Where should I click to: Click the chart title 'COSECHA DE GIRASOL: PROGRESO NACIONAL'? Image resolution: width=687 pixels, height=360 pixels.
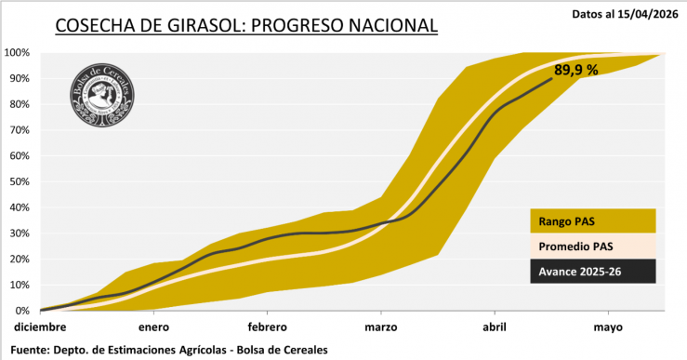point(245,26)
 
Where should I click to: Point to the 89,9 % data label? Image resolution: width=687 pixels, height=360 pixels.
point(576,69)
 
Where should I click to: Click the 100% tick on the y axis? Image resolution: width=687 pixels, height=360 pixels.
point(18,53)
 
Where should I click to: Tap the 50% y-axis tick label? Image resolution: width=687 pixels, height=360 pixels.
point(20,181)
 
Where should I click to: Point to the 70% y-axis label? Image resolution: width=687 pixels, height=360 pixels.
point(20,130)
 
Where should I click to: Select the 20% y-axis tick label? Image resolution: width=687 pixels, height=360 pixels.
point(20,259)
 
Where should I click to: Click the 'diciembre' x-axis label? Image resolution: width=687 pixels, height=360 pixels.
point(40,327)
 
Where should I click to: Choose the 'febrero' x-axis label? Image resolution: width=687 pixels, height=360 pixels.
point(267,327)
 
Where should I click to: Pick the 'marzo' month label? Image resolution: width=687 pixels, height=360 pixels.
point(381,327)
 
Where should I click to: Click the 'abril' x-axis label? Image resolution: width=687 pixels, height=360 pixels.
point(495,327)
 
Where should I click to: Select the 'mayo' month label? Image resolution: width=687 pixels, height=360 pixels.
point(608,327)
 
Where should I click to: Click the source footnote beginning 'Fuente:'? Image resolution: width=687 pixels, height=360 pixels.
point(168,349)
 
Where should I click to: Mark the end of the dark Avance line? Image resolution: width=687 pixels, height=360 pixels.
point(552,79)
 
